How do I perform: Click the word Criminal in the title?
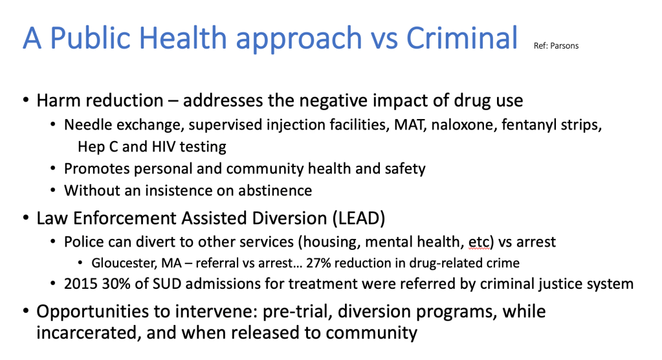462,38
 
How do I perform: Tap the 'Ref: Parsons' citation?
556,45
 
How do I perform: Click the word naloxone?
463,125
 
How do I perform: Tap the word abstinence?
275,190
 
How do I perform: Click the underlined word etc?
479,242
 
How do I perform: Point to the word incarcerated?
88,333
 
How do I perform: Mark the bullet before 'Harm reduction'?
26,100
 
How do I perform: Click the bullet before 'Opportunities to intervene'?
26,311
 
